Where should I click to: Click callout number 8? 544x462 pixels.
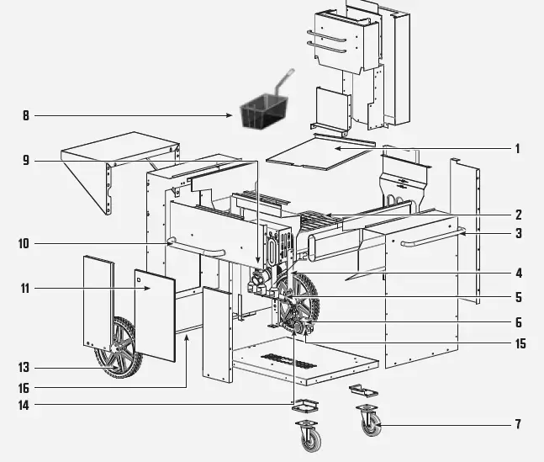click(25, 116)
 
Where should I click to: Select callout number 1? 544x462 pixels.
click(518, 149)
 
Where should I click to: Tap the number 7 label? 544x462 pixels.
click(518, 424)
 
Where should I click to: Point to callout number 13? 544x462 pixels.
click(24, 367)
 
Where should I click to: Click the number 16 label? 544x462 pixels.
click(24, 388)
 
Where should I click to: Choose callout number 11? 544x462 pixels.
click(24, 289)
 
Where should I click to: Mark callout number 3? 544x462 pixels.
click(518, 233)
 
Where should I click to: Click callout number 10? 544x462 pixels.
click(24, 245)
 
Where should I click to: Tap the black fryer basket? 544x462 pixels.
click(261, 114)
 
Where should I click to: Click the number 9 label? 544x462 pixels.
click(25, 160)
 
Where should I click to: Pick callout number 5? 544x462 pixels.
click(518, 297)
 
